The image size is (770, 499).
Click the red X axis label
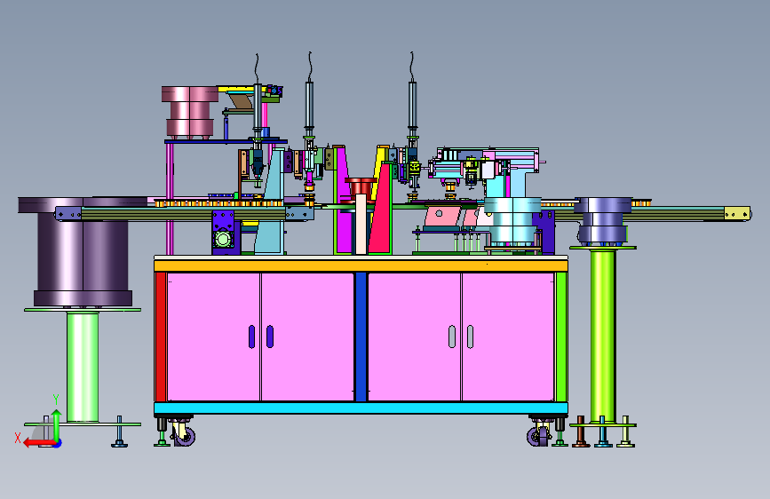(18, 438)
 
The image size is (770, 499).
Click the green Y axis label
(56, 400)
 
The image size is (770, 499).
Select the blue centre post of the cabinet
(361, 337)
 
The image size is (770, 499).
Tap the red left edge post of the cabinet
(160, 337)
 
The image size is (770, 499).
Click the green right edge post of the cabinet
(561, 337)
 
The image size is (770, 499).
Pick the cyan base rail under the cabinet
(361, 408)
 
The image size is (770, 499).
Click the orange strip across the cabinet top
(361, 265)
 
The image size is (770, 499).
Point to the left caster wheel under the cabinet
(185, 436)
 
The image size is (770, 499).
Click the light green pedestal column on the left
(83, 367)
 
